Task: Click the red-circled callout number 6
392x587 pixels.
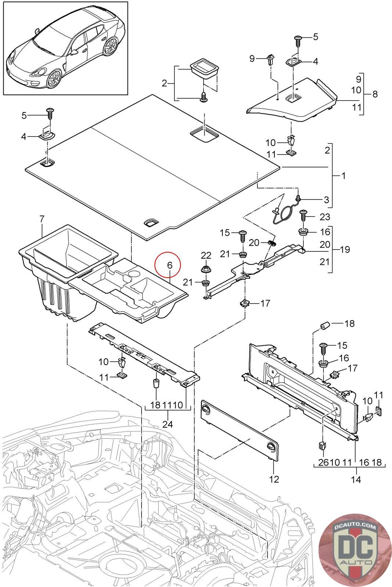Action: [x=170, y=265]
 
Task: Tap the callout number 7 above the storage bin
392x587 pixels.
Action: [x=42, y=219]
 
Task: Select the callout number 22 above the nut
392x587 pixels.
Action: [x=206, y=255]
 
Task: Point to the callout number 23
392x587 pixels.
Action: [x=325, y=217]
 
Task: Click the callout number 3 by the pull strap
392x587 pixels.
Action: [x=326, y=200]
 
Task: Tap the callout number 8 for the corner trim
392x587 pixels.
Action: [x=375, y=94]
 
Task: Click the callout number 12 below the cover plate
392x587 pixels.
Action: [x=274, y=479]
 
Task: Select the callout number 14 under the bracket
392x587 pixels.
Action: [x=356, y=479]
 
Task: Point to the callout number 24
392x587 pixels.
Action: [x=168, y=424]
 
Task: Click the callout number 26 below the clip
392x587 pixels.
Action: [x=323, y=462]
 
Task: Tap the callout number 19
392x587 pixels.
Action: [x=345, y=249]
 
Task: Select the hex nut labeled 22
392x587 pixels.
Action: [x=206, y=269]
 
